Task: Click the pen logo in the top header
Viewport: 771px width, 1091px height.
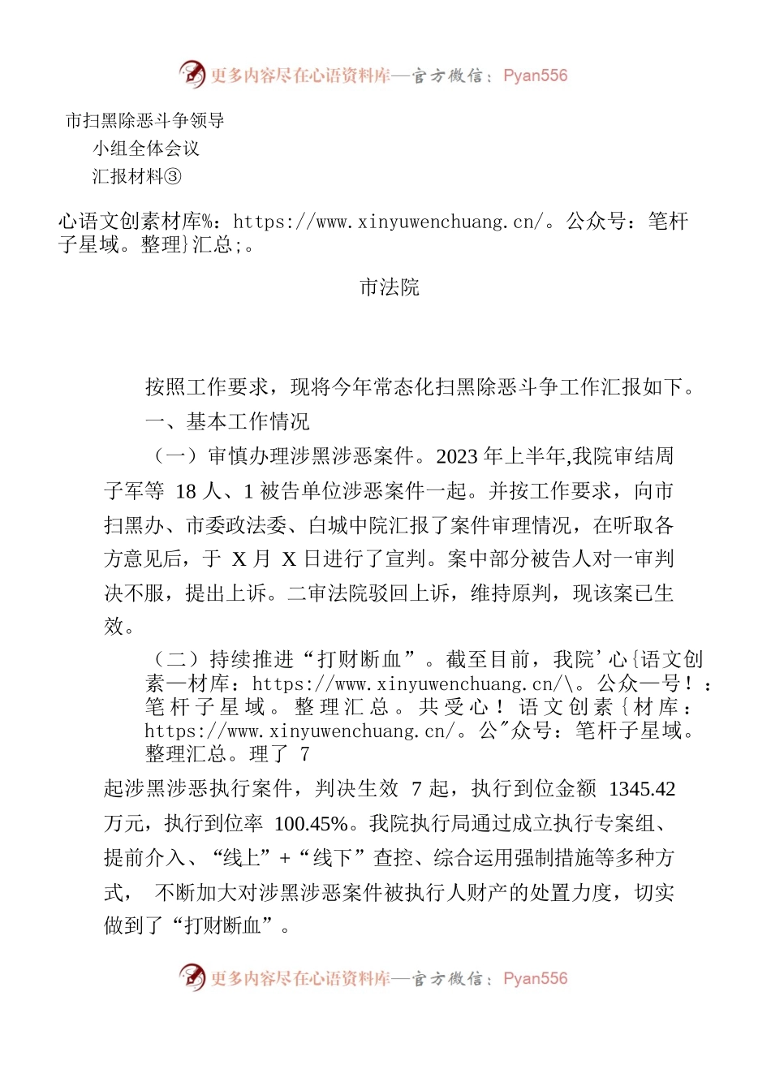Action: [192, 75]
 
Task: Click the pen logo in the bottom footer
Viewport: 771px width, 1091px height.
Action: [192, 977]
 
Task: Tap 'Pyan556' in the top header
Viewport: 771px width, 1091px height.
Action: [535, 75]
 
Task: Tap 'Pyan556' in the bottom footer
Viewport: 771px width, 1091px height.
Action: [535, 978]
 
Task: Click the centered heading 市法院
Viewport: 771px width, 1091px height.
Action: [389, 287]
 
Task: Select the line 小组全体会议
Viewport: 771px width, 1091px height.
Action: [146, 149]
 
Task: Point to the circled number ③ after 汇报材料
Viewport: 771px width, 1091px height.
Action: [174, 176]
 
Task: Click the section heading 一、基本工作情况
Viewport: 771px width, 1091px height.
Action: [227, 421]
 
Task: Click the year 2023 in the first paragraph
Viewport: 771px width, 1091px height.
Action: [458, 456]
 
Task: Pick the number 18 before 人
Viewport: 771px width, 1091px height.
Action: [186, 491]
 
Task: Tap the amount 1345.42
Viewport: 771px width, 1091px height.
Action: [642, 789]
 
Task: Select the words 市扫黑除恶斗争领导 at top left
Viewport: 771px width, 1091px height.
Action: [145, 121]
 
